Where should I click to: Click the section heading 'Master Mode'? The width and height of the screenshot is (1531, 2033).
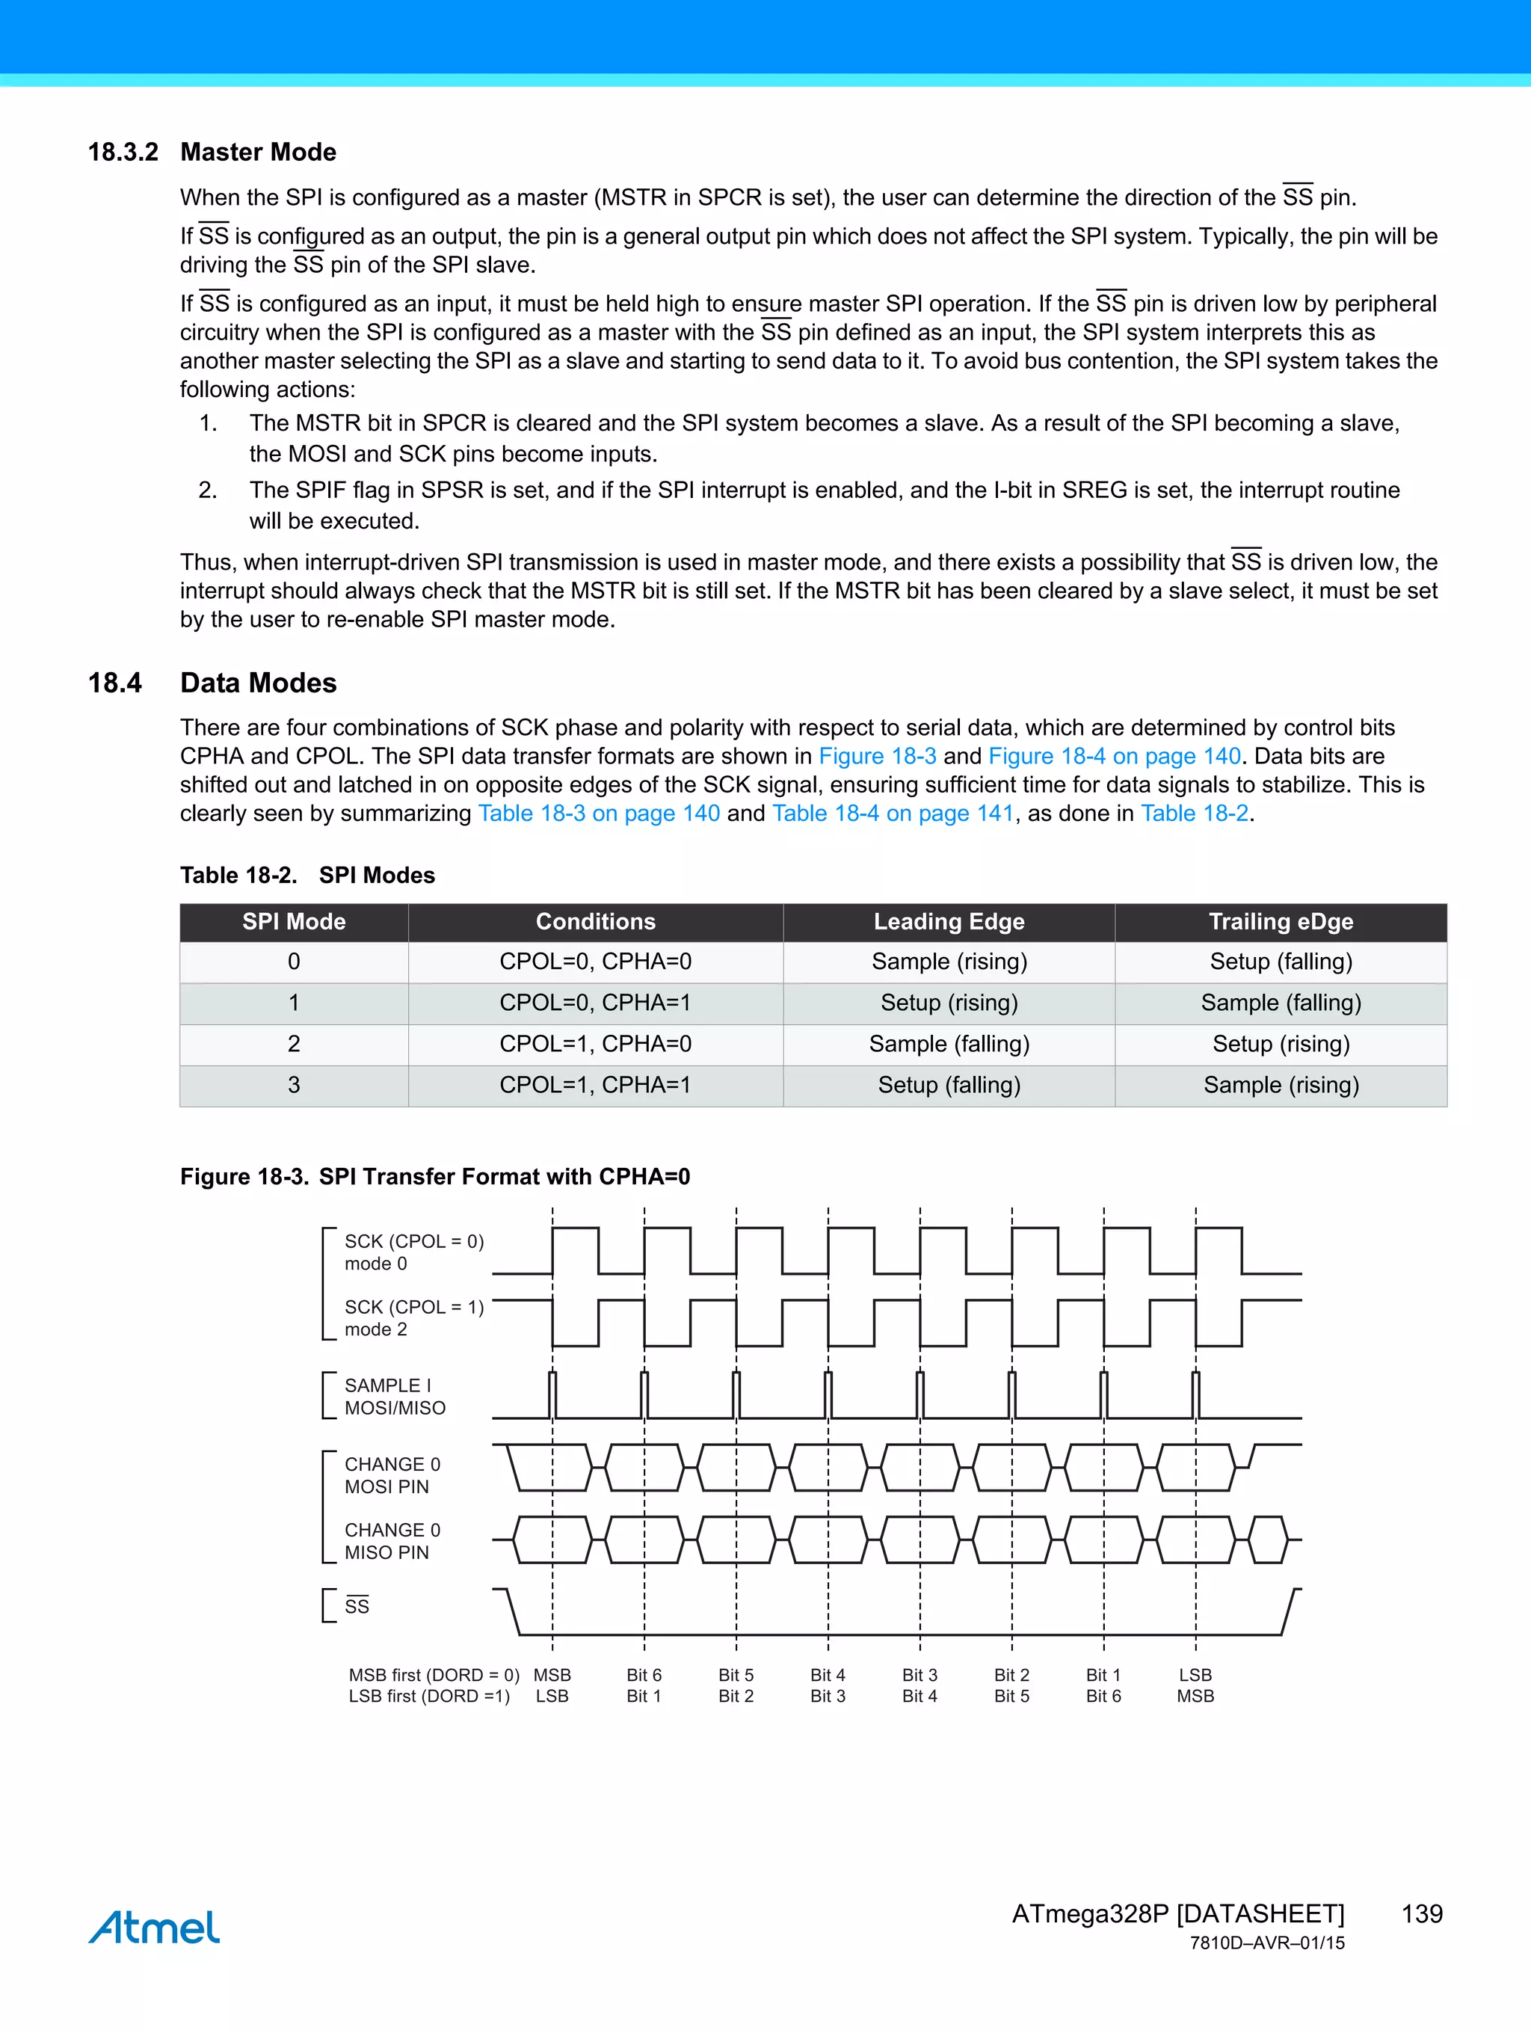[258, 152]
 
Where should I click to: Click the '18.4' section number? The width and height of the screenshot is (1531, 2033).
[115, 683]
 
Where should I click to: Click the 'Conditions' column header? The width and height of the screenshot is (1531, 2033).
[596, 922]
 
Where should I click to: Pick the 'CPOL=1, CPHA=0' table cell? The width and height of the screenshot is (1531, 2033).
[596, 1044]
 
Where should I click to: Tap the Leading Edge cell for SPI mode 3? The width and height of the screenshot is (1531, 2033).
[949, 1086]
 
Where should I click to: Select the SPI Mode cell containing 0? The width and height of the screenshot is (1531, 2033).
[294, 962]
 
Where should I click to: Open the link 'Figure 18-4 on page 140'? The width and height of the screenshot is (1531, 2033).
[1114, 757]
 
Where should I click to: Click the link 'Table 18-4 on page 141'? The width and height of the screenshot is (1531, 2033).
[893, 813]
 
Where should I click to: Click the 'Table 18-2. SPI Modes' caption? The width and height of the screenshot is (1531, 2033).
[307, 875]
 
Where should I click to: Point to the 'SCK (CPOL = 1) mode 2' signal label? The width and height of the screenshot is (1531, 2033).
[413, 1318]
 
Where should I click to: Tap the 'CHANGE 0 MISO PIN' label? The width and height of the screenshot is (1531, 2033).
[392, 1541]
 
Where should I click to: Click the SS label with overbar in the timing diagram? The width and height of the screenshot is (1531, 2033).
[357, 1607]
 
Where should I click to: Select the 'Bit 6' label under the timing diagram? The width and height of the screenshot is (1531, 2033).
[644, 1676]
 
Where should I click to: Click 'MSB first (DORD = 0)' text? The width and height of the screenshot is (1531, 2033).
[434, 1676]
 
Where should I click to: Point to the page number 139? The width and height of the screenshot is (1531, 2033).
[1422, 1914]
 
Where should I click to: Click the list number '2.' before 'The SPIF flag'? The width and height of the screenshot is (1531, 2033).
[208, 490]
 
